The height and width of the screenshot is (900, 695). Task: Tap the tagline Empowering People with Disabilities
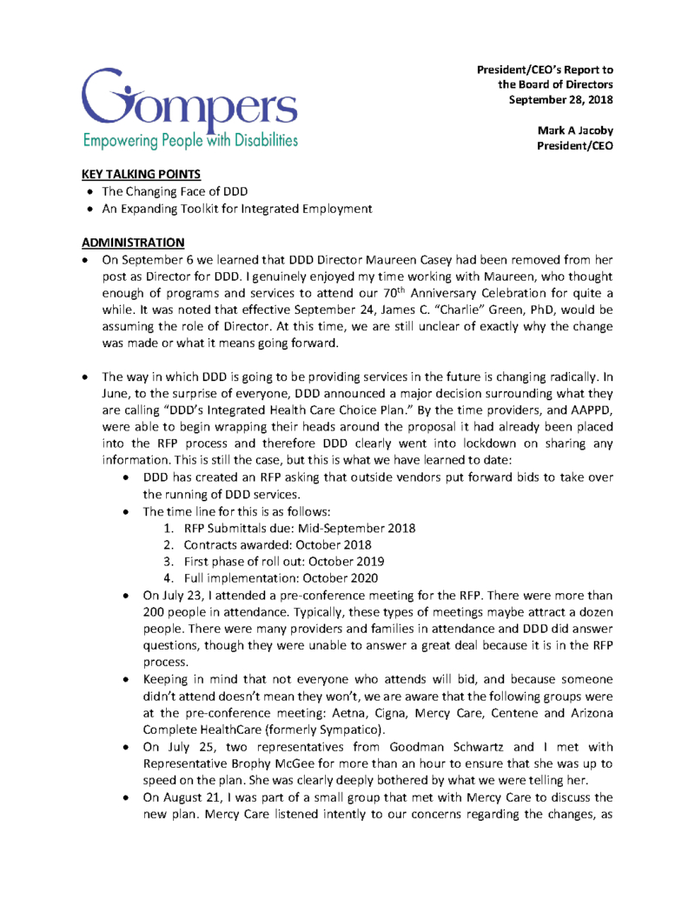[190, 139]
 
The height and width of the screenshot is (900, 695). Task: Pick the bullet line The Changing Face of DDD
[168, 191]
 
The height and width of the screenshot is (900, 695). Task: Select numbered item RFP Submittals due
[300, 528]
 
